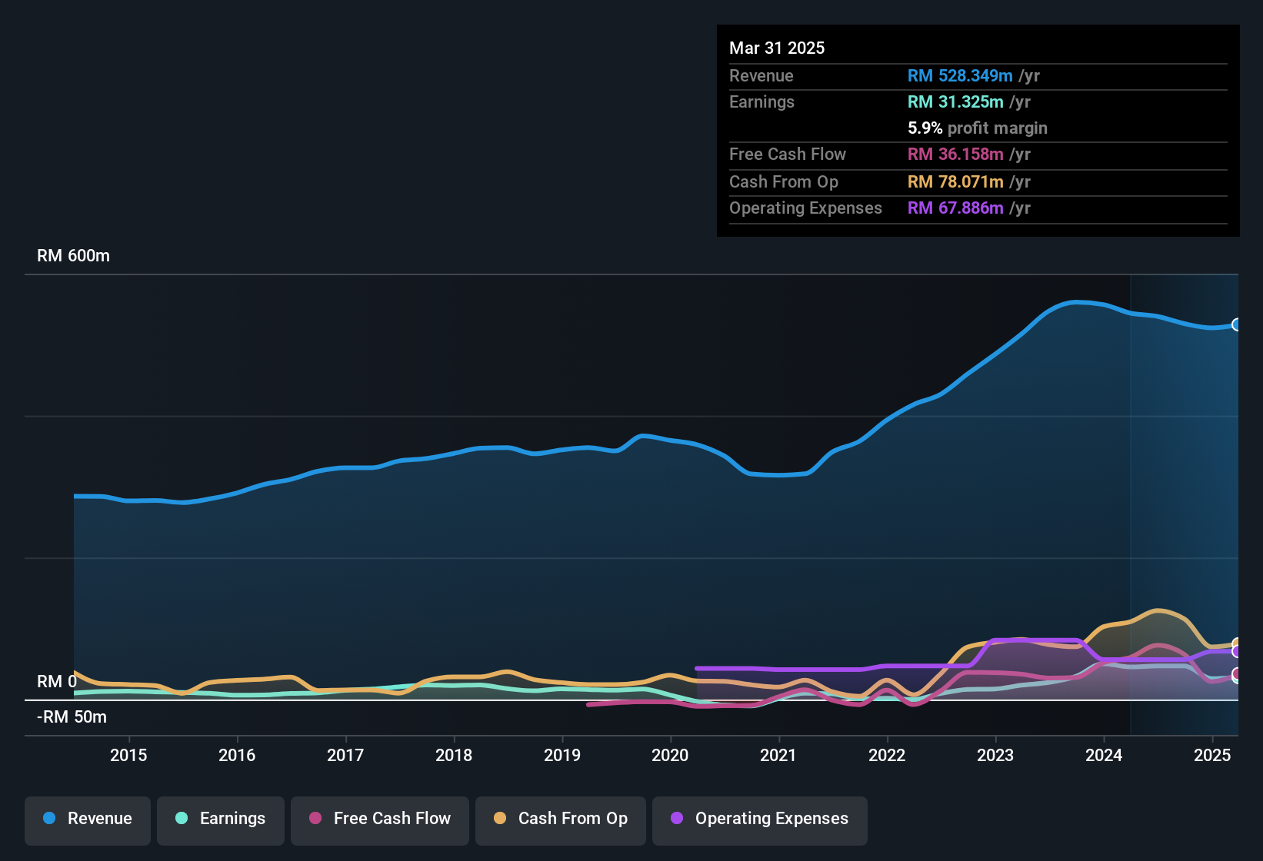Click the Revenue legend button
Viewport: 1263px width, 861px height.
pos(88,819)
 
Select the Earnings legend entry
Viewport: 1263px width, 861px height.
pos(221,819)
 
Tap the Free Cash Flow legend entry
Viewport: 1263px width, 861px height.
pos(380,819)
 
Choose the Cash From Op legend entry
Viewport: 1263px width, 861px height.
pos(561,819)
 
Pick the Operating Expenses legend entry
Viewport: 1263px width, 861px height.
pos(760,819)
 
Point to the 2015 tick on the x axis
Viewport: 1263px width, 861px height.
pos(128,755)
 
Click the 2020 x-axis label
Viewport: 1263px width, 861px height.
pos(670,755)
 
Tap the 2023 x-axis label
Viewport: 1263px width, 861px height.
pos(995,755)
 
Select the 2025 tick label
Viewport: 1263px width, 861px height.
pos(1212,755)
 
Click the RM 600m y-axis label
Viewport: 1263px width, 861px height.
pos(73,256)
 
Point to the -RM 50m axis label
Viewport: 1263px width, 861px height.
pos(72,717)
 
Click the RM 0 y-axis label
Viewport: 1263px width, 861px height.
pos(57,682)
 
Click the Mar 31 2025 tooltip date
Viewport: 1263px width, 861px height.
pos(777,48)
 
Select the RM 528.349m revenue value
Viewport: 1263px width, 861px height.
pos(960,76)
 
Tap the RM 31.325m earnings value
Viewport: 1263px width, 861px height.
pos(955,102)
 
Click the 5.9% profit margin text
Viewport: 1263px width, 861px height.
pos(977,128)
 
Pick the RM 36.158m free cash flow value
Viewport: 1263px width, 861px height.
pos(955,155)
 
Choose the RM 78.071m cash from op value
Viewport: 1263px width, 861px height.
pos(955,182)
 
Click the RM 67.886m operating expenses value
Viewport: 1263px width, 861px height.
pos(955,208)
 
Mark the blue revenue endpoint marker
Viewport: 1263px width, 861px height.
pos(1236,324)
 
